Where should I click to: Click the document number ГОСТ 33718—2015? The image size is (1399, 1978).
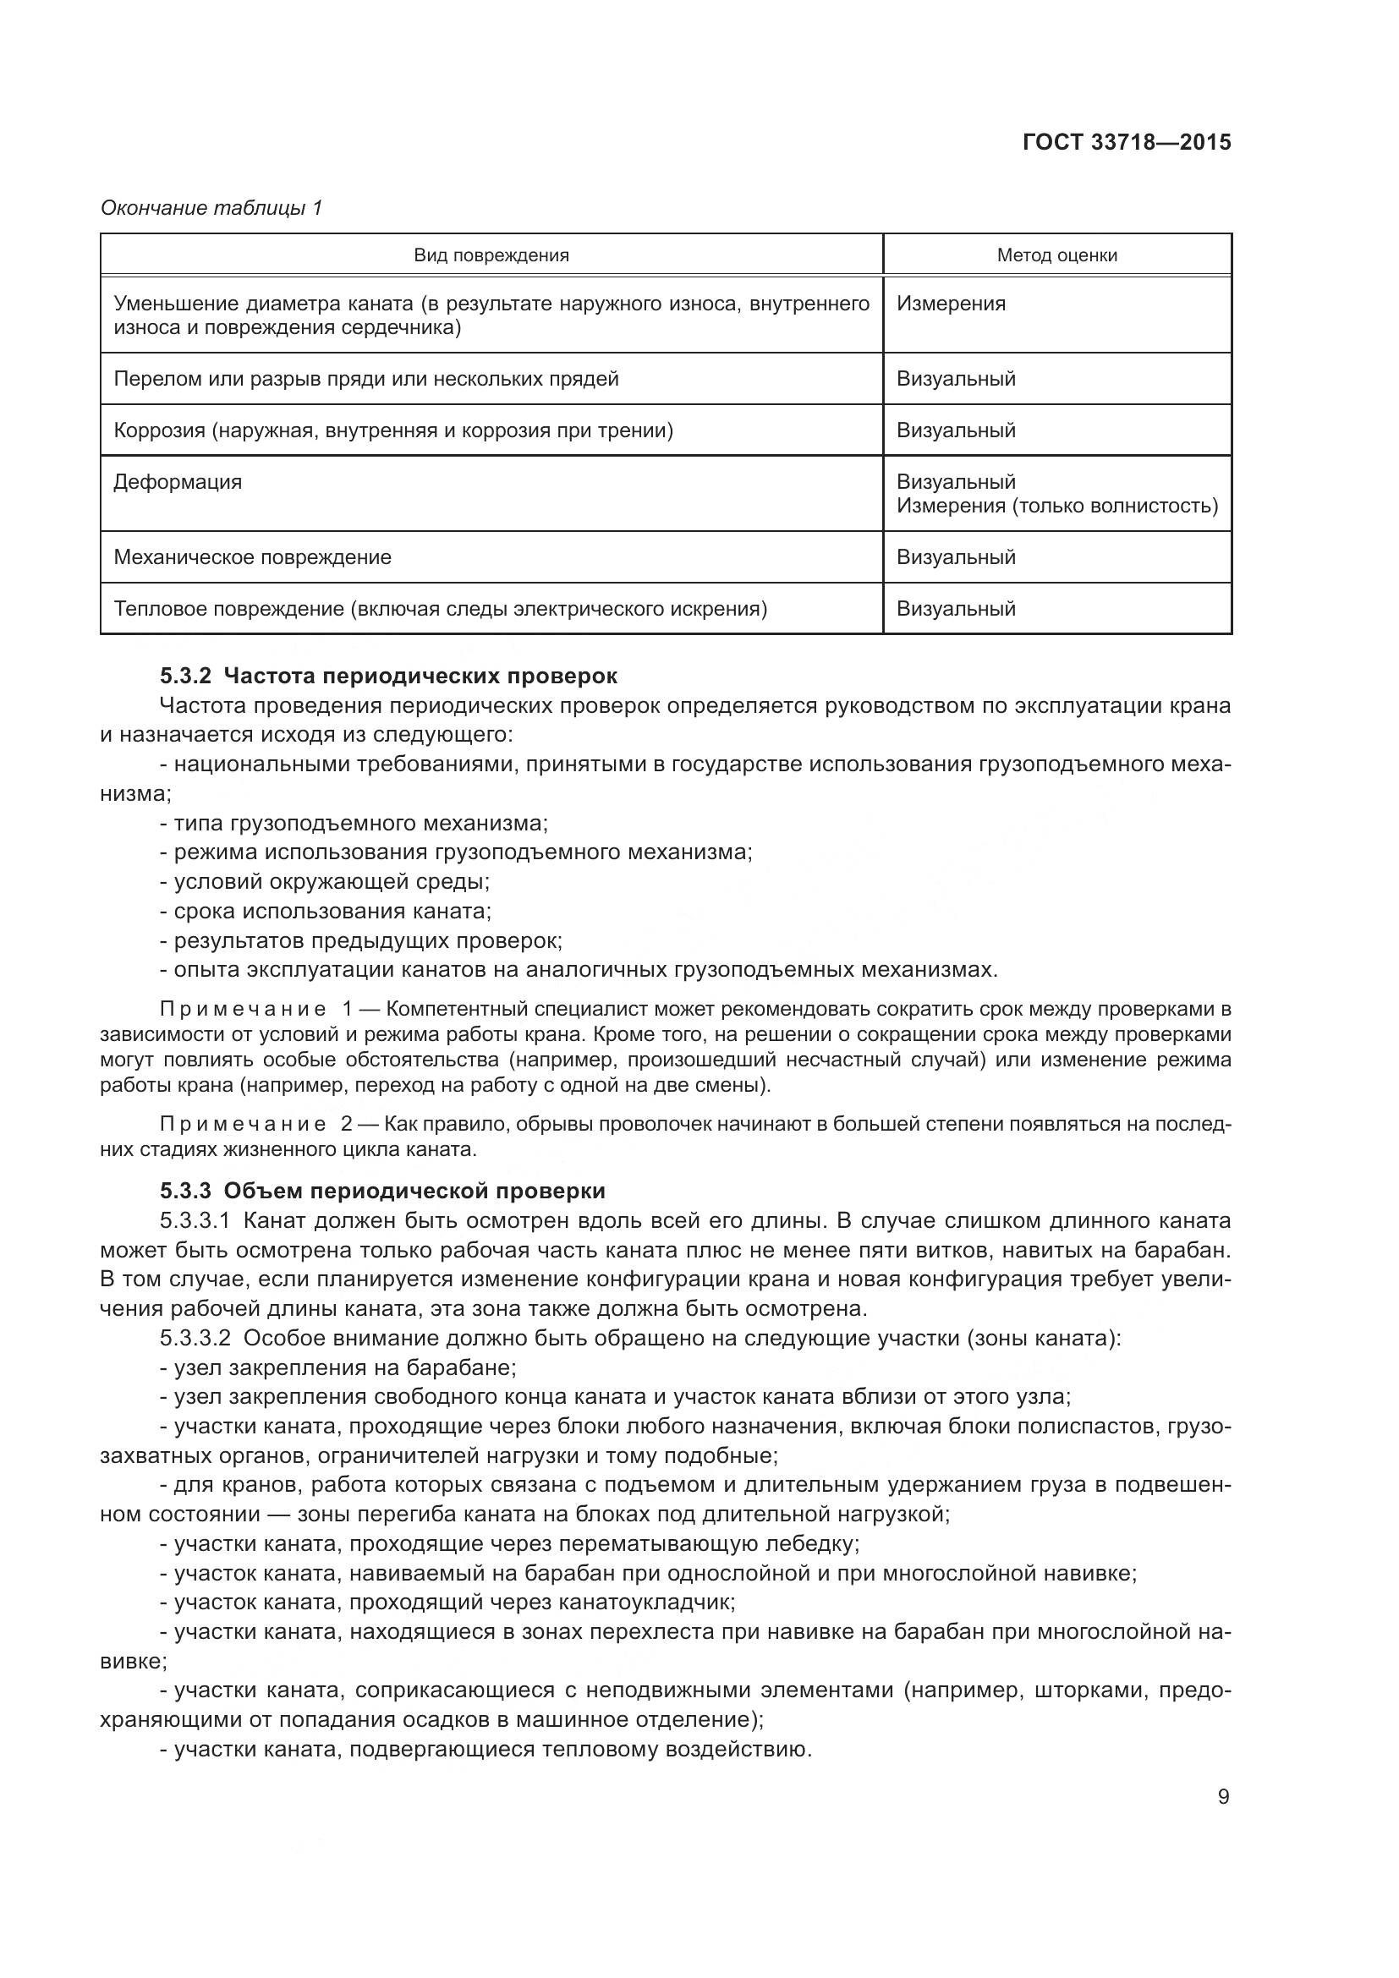coord(1126,142)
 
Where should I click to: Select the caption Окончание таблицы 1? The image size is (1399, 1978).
coord(211,208)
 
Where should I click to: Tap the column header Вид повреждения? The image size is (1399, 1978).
coord(491,255)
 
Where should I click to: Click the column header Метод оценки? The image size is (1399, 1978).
coord(1056,255)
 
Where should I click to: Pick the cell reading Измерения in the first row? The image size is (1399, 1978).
coord(950,304)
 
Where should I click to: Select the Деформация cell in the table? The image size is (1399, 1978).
coord(178,481)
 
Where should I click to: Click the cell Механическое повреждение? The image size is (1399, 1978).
coord(252,557)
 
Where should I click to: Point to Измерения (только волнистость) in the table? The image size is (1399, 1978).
coord(1056,506)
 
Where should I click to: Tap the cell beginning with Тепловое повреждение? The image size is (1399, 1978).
coord(439,609)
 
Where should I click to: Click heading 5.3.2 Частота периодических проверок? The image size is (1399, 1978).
coord(388,676)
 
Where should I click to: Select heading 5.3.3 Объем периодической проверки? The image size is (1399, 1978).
coord(382,1191)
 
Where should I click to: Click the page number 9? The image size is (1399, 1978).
coord(1223,1797)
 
